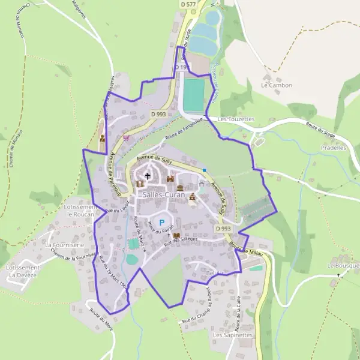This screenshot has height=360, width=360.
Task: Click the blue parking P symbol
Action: click(161, 222)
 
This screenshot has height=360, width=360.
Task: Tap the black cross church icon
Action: click(147, 176)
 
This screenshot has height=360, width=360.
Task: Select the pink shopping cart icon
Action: click(125, 137)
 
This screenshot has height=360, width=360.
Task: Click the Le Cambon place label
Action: click(276, 85)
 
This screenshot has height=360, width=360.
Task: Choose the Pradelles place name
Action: click(334, 147)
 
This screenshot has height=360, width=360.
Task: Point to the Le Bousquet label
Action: click(343, 265)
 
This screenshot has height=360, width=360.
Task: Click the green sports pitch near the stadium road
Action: click(193, 94)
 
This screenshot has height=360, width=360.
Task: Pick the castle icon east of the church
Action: click(170, 178)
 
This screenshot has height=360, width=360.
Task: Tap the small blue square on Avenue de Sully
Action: click(205, 170)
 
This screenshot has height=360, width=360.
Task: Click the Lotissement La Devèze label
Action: click(23, 271)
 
